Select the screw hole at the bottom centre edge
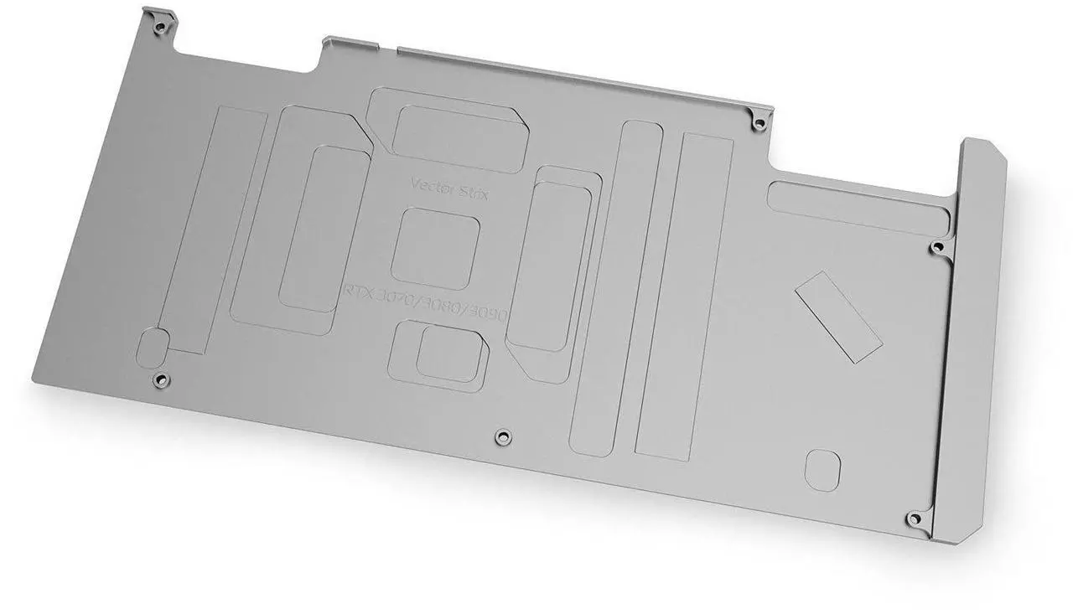(501, 436)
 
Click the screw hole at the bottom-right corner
(914, 518)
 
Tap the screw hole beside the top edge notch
(759, 124)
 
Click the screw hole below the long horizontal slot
(937, 246)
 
